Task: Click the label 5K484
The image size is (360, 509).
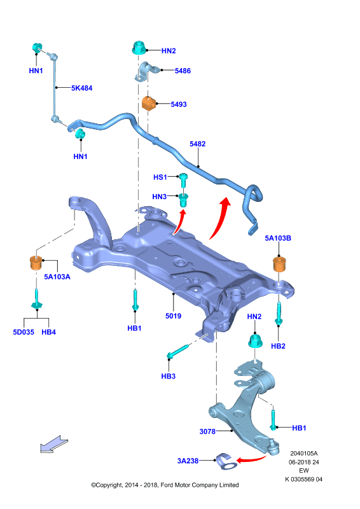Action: [x=82, y=88]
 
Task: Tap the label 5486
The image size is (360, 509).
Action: [x=183, y=71]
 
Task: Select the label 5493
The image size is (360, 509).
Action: [x=179, y=104]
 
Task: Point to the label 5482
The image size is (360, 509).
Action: [x=198, y=144]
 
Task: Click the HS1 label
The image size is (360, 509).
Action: [x=160, y=178]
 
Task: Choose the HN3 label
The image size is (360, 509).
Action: [x=160, y=197]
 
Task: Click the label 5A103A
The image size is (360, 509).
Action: [x=57, y=277]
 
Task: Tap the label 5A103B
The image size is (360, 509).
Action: [x=278, y=238]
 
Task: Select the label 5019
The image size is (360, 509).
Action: [x=174, y=316]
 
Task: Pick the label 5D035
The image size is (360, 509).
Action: [x=24, y=332]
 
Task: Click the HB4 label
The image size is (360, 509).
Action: [x=49, y=332]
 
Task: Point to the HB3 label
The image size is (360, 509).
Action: [x=169, y=376]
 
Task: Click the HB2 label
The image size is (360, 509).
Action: [x=278, y=346]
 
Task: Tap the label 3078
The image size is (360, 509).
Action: [x=207, y=431]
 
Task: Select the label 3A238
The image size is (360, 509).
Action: [x=188, y=461]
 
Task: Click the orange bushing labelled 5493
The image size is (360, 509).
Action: [x=148, y=103]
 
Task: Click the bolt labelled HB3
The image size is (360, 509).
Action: [x=177, y=352]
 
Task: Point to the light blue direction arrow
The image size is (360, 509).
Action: [x=54, y=444]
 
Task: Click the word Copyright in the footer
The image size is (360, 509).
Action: [x=109, y=485]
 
